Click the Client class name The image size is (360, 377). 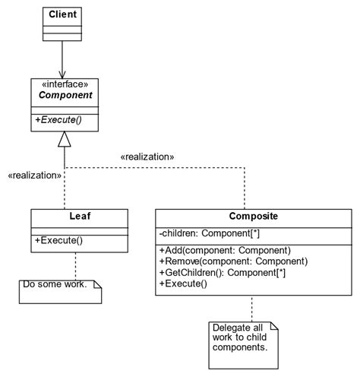pos(62,14)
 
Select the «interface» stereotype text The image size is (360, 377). pos(64,85)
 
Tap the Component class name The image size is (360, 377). pos(64,97)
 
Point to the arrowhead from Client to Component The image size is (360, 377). pos(64,73)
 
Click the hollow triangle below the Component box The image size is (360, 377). pos(64,138)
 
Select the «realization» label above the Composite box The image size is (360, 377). pos(147,157)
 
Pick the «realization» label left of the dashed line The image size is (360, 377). pos(34,175)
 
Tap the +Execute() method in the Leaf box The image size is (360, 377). pos(58,241)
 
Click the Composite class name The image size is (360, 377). pos(254,216)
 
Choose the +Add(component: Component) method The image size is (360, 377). pos(225,250)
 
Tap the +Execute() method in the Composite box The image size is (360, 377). pos(183,284)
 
